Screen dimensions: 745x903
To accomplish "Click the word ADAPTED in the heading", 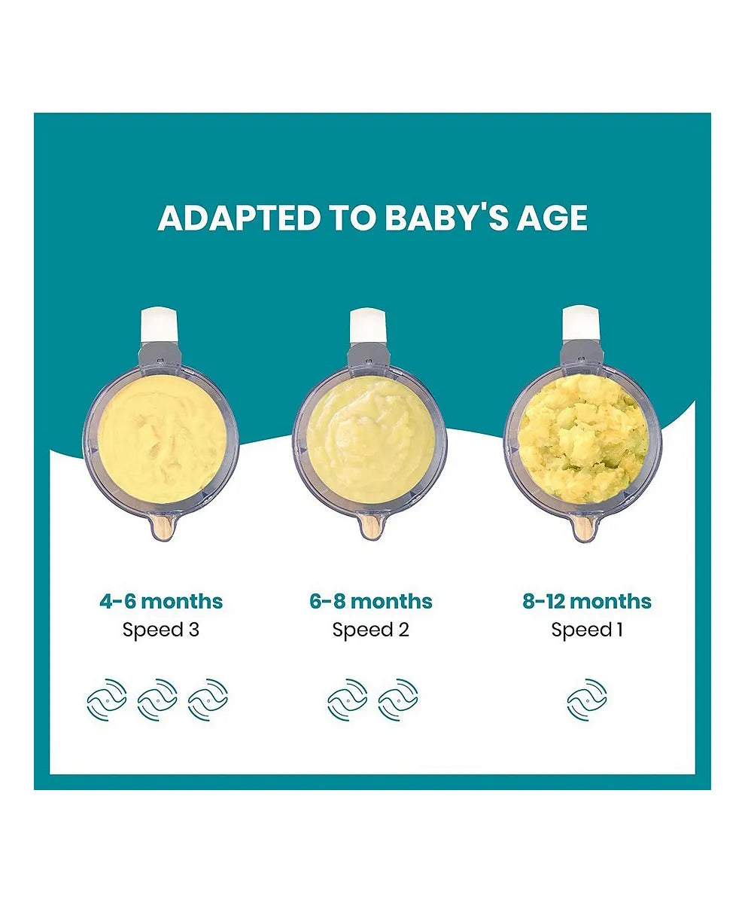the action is pos(238,217).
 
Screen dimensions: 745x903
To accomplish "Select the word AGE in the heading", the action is pos(552,217).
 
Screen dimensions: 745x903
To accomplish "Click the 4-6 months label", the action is pos(161,601).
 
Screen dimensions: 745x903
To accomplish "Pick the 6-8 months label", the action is pos(371,601).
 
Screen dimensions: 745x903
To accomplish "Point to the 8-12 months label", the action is pos(587,601).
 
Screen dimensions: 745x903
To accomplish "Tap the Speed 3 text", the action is pos(161,630).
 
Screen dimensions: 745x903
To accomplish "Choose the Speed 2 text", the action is pos(371,630).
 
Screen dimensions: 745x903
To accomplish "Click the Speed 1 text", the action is pos(587,630).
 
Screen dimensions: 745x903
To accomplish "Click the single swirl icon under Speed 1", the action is pos(587,700).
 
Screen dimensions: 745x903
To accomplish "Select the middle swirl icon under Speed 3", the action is pos(157,700).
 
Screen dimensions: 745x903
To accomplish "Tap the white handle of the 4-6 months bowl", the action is pos(160,325).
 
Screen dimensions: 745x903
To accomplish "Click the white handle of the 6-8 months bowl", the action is pos(369,325).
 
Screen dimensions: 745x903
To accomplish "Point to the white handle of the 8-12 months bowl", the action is pos(582,325).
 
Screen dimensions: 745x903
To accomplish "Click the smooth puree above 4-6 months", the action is pos(160,437).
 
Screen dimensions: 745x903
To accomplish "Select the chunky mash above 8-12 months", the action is pos(582,437).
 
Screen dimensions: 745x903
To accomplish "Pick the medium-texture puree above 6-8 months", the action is pos(369,437).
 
